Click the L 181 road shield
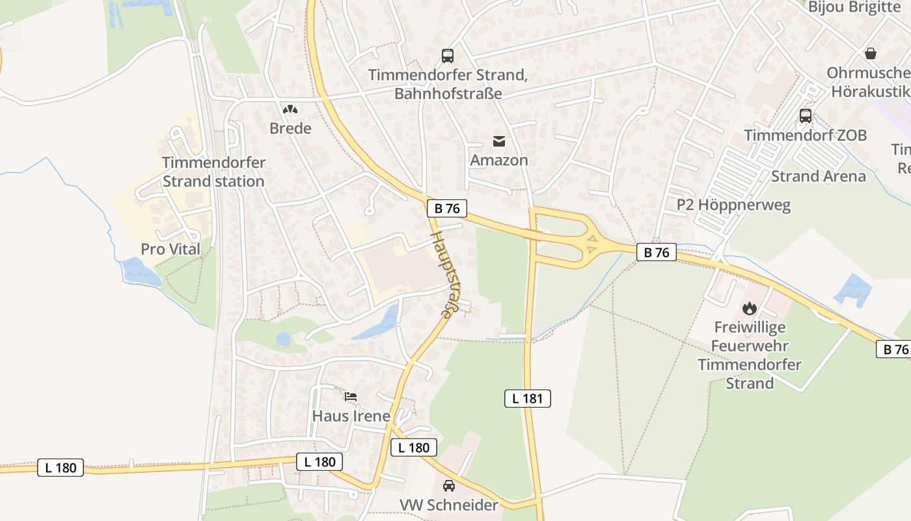coord(528,399)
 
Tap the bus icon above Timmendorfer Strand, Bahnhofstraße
coord(448,56)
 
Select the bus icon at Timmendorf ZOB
coord(806,116)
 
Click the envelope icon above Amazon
coord(499,141)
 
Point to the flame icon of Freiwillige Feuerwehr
coord(750,307)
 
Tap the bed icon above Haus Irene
coord(351,396)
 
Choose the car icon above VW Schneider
coord(449,486)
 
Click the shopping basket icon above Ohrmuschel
coord(871,53)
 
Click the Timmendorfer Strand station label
coord(213,172)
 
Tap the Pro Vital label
coord(170,249)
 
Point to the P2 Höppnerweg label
coord(733,205)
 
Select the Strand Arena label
coord(819,176)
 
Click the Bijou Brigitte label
coord(854,7)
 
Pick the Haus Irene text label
coord(351,416)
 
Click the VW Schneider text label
coord(448,505)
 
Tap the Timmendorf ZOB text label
coord(806,135)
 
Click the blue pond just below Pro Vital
coord(141,272)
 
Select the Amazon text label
coord(499,160)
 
